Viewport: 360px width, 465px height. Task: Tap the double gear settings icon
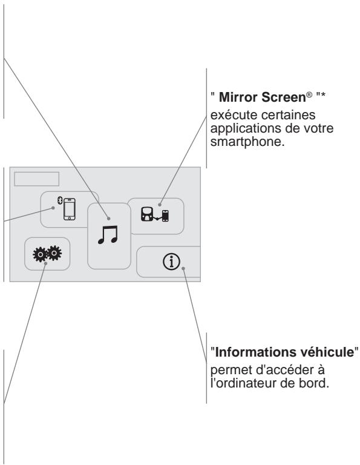coord(47,253)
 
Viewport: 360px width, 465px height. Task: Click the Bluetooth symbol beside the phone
coord(59,201)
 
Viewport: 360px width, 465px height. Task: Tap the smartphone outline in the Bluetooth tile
coord(71,209)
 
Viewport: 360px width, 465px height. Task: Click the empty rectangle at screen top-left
coord(37,179)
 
